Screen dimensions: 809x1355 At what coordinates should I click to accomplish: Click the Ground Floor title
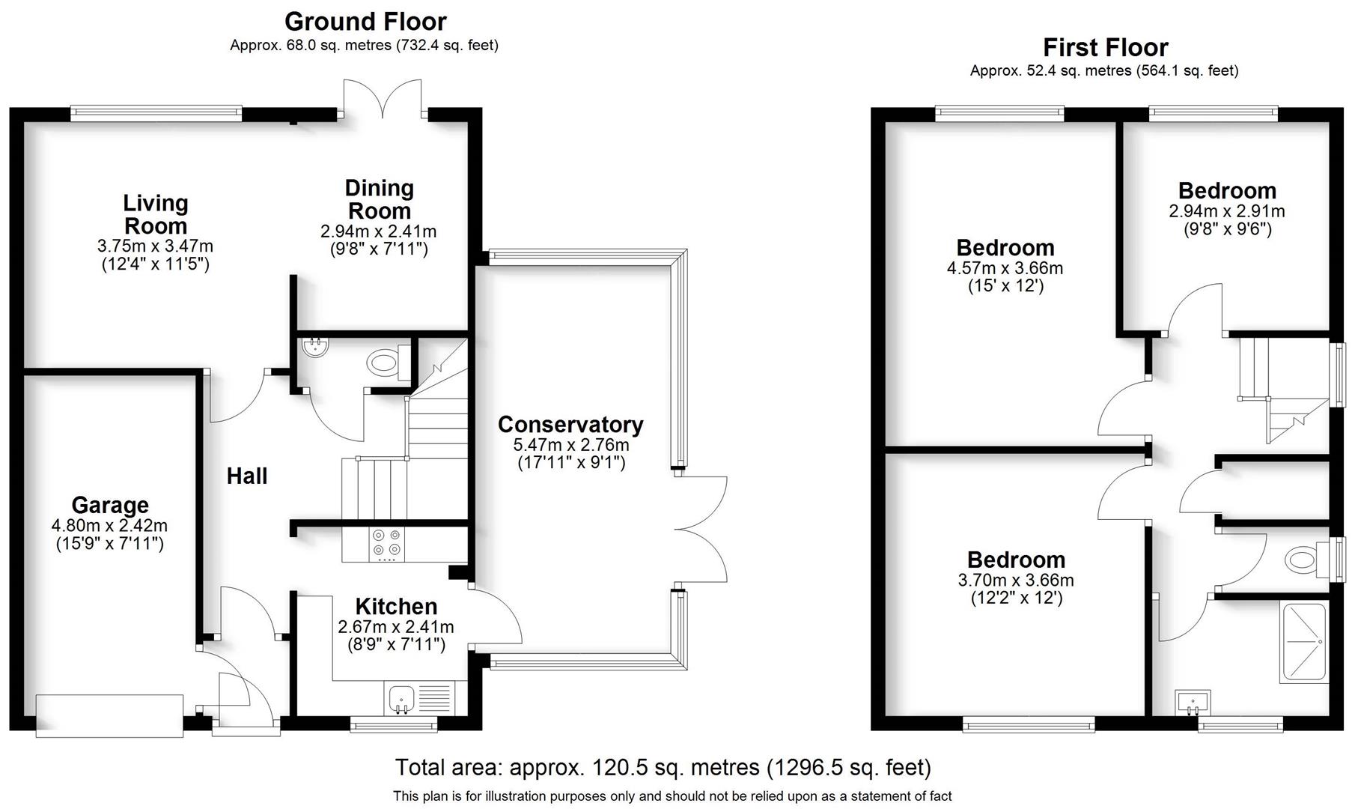pos(365,21)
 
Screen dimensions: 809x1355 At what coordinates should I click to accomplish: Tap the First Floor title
pos(1105,47)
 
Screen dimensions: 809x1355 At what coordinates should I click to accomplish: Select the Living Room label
pos(155,214)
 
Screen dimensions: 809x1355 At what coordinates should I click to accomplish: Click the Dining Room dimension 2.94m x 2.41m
pos(378,231)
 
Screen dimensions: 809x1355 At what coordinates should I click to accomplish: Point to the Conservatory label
pos(570,425)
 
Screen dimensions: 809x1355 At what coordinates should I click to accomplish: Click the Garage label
pos(110,505)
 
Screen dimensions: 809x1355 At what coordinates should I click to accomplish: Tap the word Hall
pos(247,476)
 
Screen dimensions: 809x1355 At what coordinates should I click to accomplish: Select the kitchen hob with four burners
pos(387,545)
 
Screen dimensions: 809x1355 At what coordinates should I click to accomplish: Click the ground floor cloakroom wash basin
pos(314,347)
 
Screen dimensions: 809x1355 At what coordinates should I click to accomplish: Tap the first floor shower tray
pos(1304,643)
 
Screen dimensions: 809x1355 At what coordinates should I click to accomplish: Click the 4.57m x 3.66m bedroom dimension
pos(1005,267)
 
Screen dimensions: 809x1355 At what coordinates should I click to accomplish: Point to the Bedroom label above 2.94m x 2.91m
pos(1226,191)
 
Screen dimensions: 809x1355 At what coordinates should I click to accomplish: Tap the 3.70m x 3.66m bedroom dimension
pos(1015,580)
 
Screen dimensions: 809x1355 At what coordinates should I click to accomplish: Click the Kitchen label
pos(396,606)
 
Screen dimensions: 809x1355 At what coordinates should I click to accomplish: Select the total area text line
pos(663,768)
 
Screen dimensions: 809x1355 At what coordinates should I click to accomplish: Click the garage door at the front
pos(109,715)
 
